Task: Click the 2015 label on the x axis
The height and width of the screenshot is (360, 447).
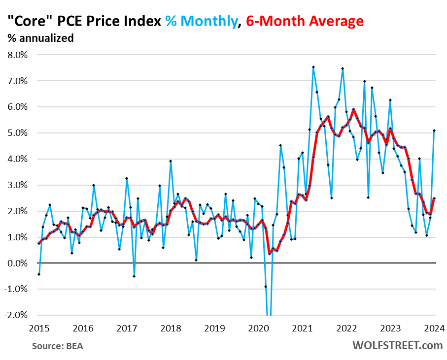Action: click(38, 328)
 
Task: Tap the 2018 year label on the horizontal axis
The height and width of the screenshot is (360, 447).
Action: click(170, 328)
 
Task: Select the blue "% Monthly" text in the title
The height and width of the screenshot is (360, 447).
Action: click(201, 21)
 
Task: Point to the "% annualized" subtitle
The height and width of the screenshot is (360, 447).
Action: click(40, 38)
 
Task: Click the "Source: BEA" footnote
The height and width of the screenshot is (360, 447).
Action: click(58, 346)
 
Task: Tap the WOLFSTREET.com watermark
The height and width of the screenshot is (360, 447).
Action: click(397, 345)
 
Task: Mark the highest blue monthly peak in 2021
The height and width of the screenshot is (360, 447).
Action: click(313, 67)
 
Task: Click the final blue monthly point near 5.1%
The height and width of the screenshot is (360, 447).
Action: click(434, 131)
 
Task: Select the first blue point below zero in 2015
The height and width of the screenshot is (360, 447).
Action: click(39, 274)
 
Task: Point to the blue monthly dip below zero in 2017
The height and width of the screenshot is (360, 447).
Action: click(134, 276)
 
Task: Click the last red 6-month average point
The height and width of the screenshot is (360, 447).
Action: click(434, 198)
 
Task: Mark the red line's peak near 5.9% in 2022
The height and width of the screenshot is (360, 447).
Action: click(353, 109)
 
